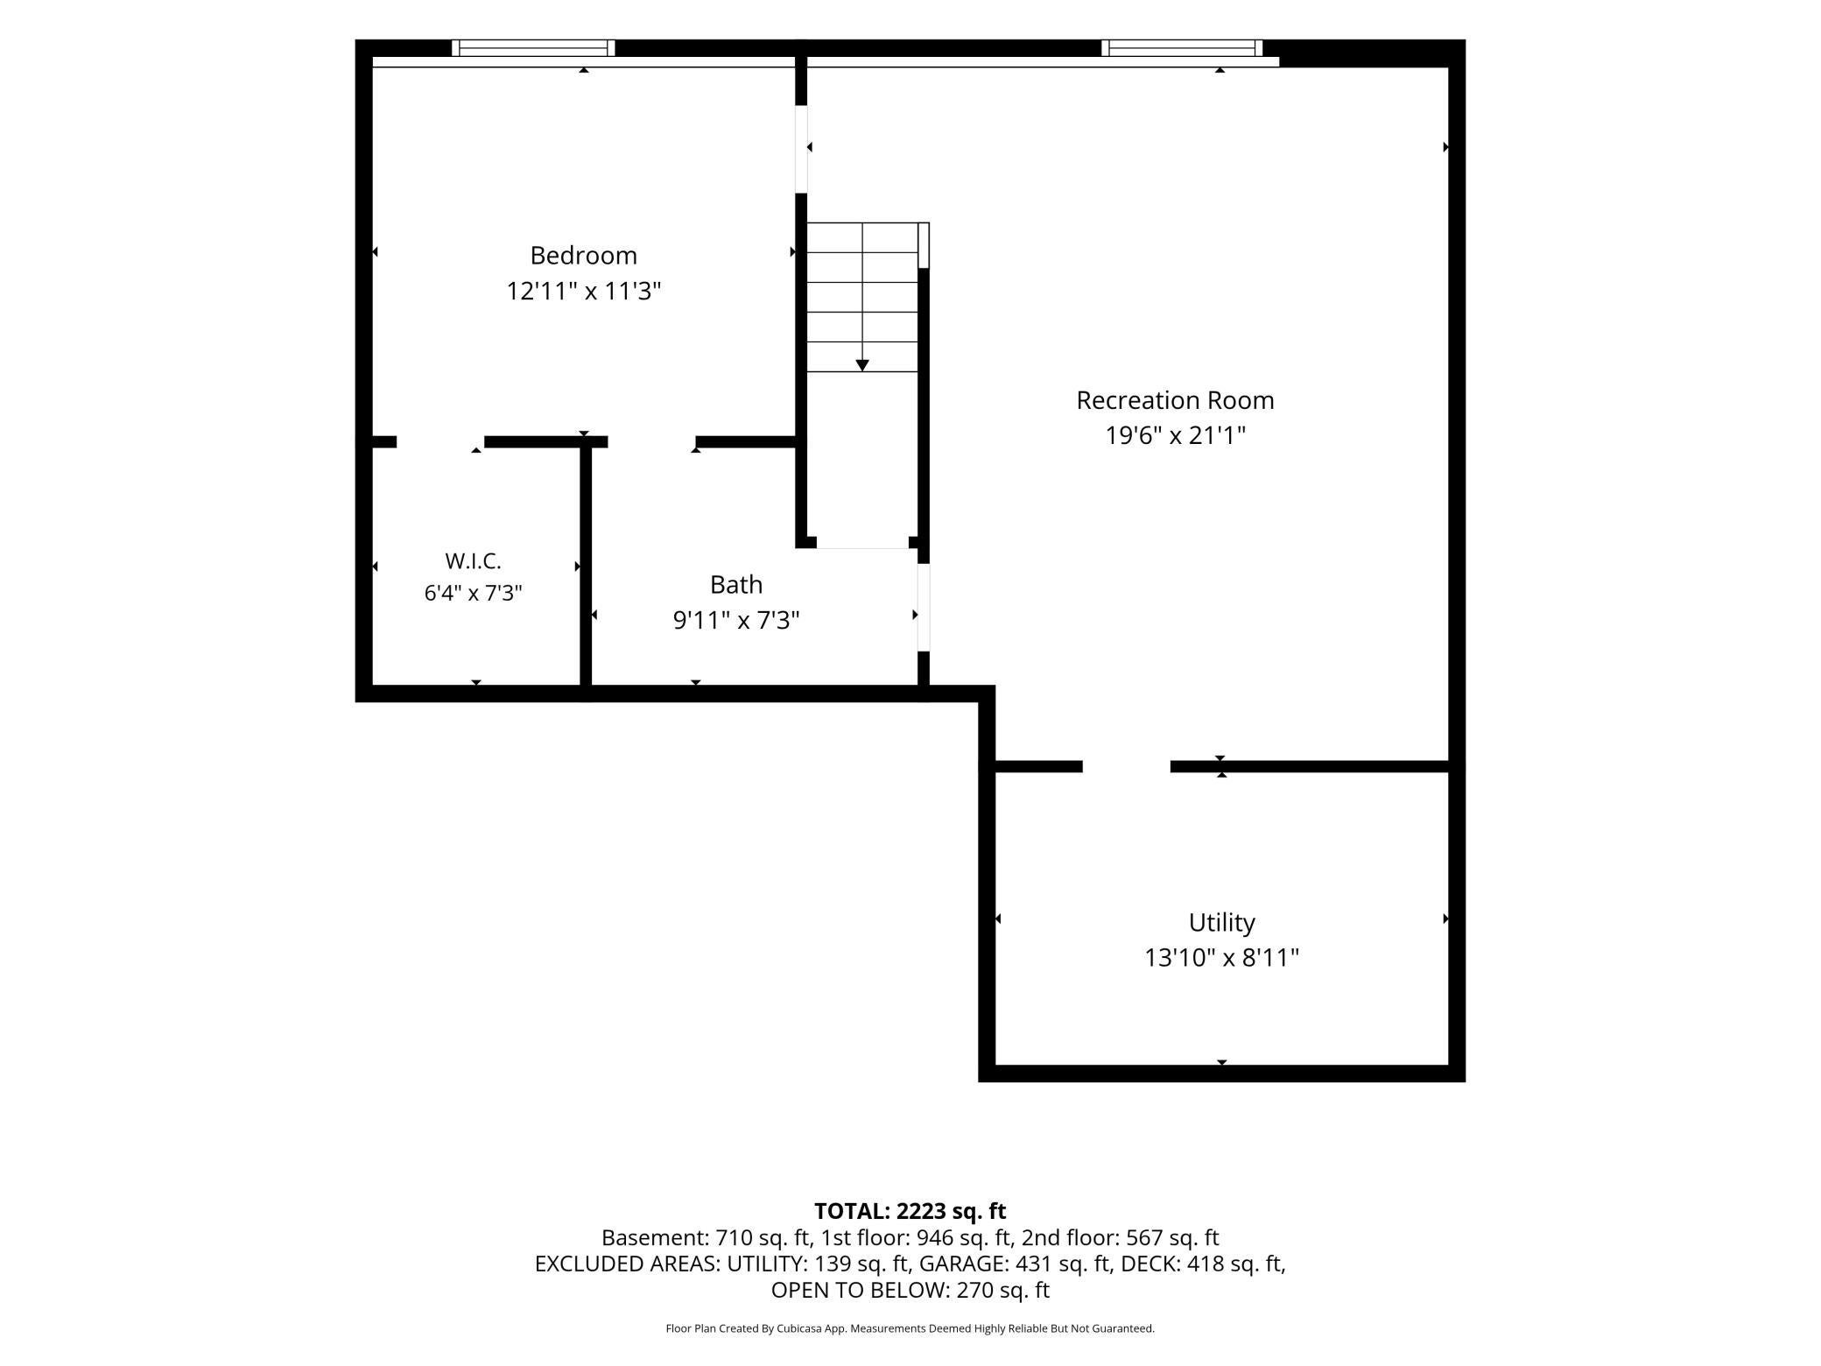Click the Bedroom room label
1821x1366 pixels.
[583, 256]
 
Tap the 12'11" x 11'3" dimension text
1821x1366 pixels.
[583, 291]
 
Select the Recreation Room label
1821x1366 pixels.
[1175, 400]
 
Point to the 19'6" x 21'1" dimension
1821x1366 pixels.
[1175, 435]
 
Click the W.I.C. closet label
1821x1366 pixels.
[473, 561]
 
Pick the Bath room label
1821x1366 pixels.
[736, 584]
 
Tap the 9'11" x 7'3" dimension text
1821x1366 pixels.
[736, 620]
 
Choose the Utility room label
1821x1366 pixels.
[1221, 923]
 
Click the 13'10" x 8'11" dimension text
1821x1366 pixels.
[1221, 958]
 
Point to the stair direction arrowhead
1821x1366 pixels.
[862, 365]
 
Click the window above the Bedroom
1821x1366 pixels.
[533, 48]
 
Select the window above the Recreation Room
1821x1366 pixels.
[1182, 48]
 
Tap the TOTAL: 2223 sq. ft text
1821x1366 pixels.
[910, 1211]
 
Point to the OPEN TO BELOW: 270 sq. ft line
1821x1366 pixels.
[910, 1290]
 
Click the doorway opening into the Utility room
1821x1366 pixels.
[1127, 767]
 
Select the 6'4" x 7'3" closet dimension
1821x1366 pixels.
[473, 594]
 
